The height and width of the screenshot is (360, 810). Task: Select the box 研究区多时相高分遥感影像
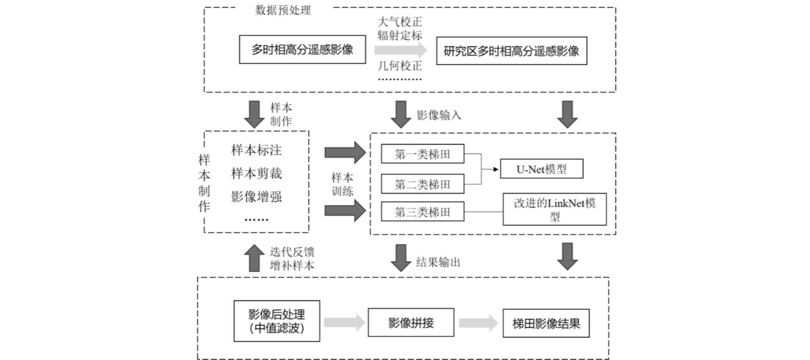(x=511, y=51)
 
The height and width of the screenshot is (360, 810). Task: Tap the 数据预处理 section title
(x=284, y=10)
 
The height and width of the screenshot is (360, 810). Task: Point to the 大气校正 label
(x=400, y=22)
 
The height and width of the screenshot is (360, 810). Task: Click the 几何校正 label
(x=400, y=66)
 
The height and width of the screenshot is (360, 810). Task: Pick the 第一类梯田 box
(x=422, y=155)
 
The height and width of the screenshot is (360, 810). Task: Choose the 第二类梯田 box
(x=422, y=185)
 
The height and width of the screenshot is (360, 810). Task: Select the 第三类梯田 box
(x=422, y=212)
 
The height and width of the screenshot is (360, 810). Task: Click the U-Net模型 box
(x=541, y=170)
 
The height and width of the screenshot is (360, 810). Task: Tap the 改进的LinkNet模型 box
(x=554, y=209)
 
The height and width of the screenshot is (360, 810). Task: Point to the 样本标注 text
(x=256, y=150)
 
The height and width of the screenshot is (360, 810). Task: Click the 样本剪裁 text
(x=256, y=173)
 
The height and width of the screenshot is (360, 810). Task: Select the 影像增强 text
(x=256, y=196)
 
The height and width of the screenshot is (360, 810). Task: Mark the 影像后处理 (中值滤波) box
(x=277, y=321)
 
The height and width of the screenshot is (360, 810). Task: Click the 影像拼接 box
(x=410, y=323)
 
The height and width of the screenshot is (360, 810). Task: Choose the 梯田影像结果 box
(x=546, y=324)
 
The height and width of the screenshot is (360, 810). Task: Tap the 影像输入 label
(x=439, y=115)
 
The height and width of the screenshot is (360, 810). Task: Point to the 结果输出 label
(x=439, y=262)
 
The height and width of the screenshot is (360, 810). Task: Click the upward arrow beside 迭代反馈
(x=253, y=258)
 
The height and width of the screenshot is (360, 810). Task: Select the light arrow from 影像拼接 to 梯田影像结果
(x=478, y=323)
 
